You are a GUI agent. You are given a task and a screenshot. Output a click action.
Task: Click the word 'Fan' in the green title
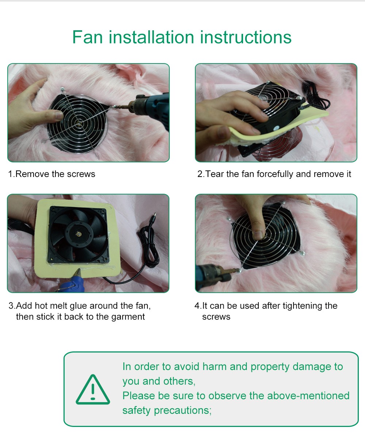[x=88, y=37]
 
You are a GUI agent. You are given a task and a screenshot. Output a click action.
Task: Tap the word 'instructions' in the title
[x=246, y=37]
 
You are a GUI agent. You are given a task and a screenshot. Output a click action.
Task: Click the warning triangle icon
[x=93, y=389]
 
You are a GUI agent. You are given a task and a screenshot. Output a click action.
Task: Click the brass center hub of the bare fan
[x=78, y=234]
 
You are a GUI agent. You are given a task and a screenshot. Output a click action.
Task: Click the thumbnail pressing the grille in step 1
[x=59, y=115]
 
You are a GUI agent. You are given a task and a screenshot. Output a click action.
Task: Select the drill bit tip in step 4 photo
[x=240, y=270]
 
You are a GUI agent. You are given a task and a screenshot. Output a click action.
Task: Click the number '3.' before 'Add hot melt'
[x=12, y=306]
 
